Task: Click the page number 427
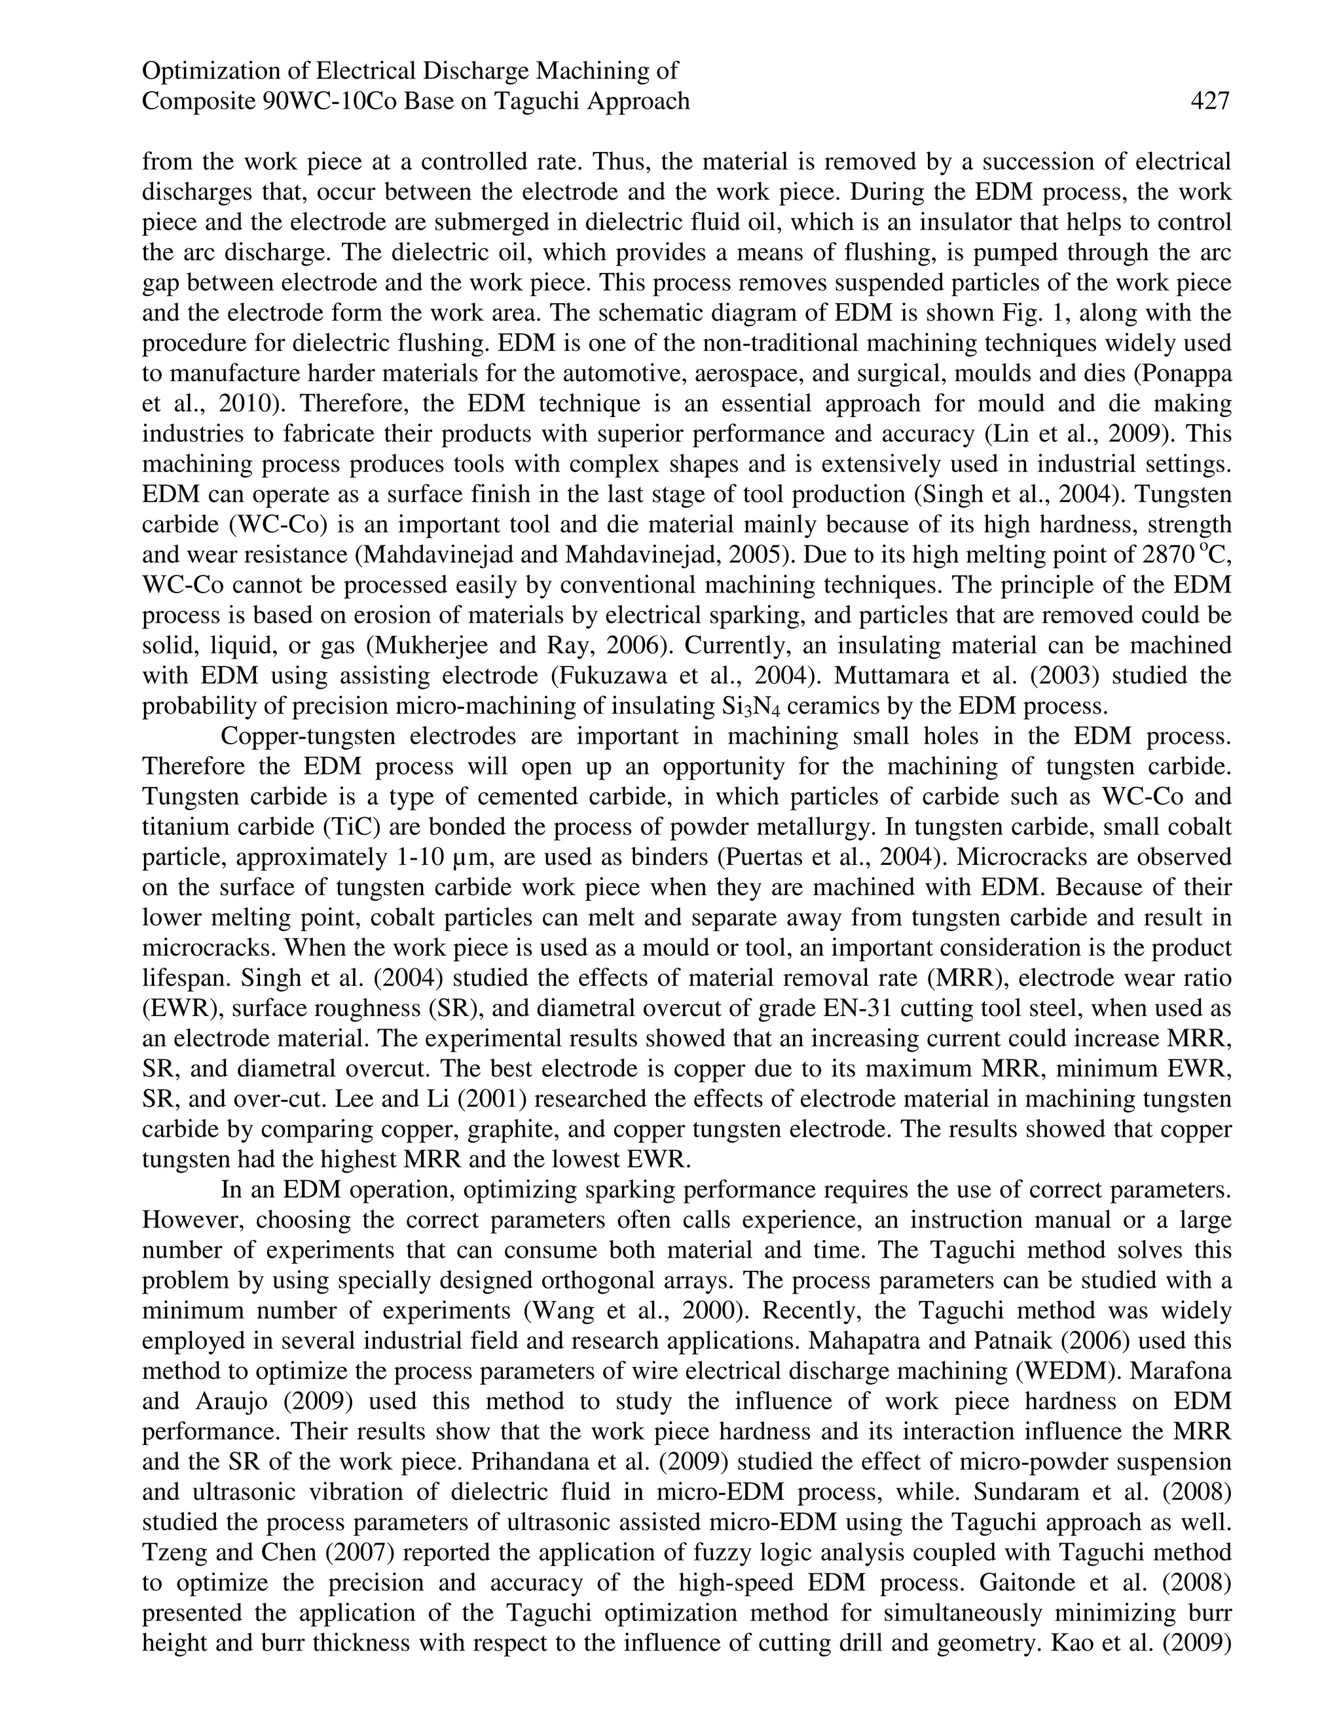(1209, 101)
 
